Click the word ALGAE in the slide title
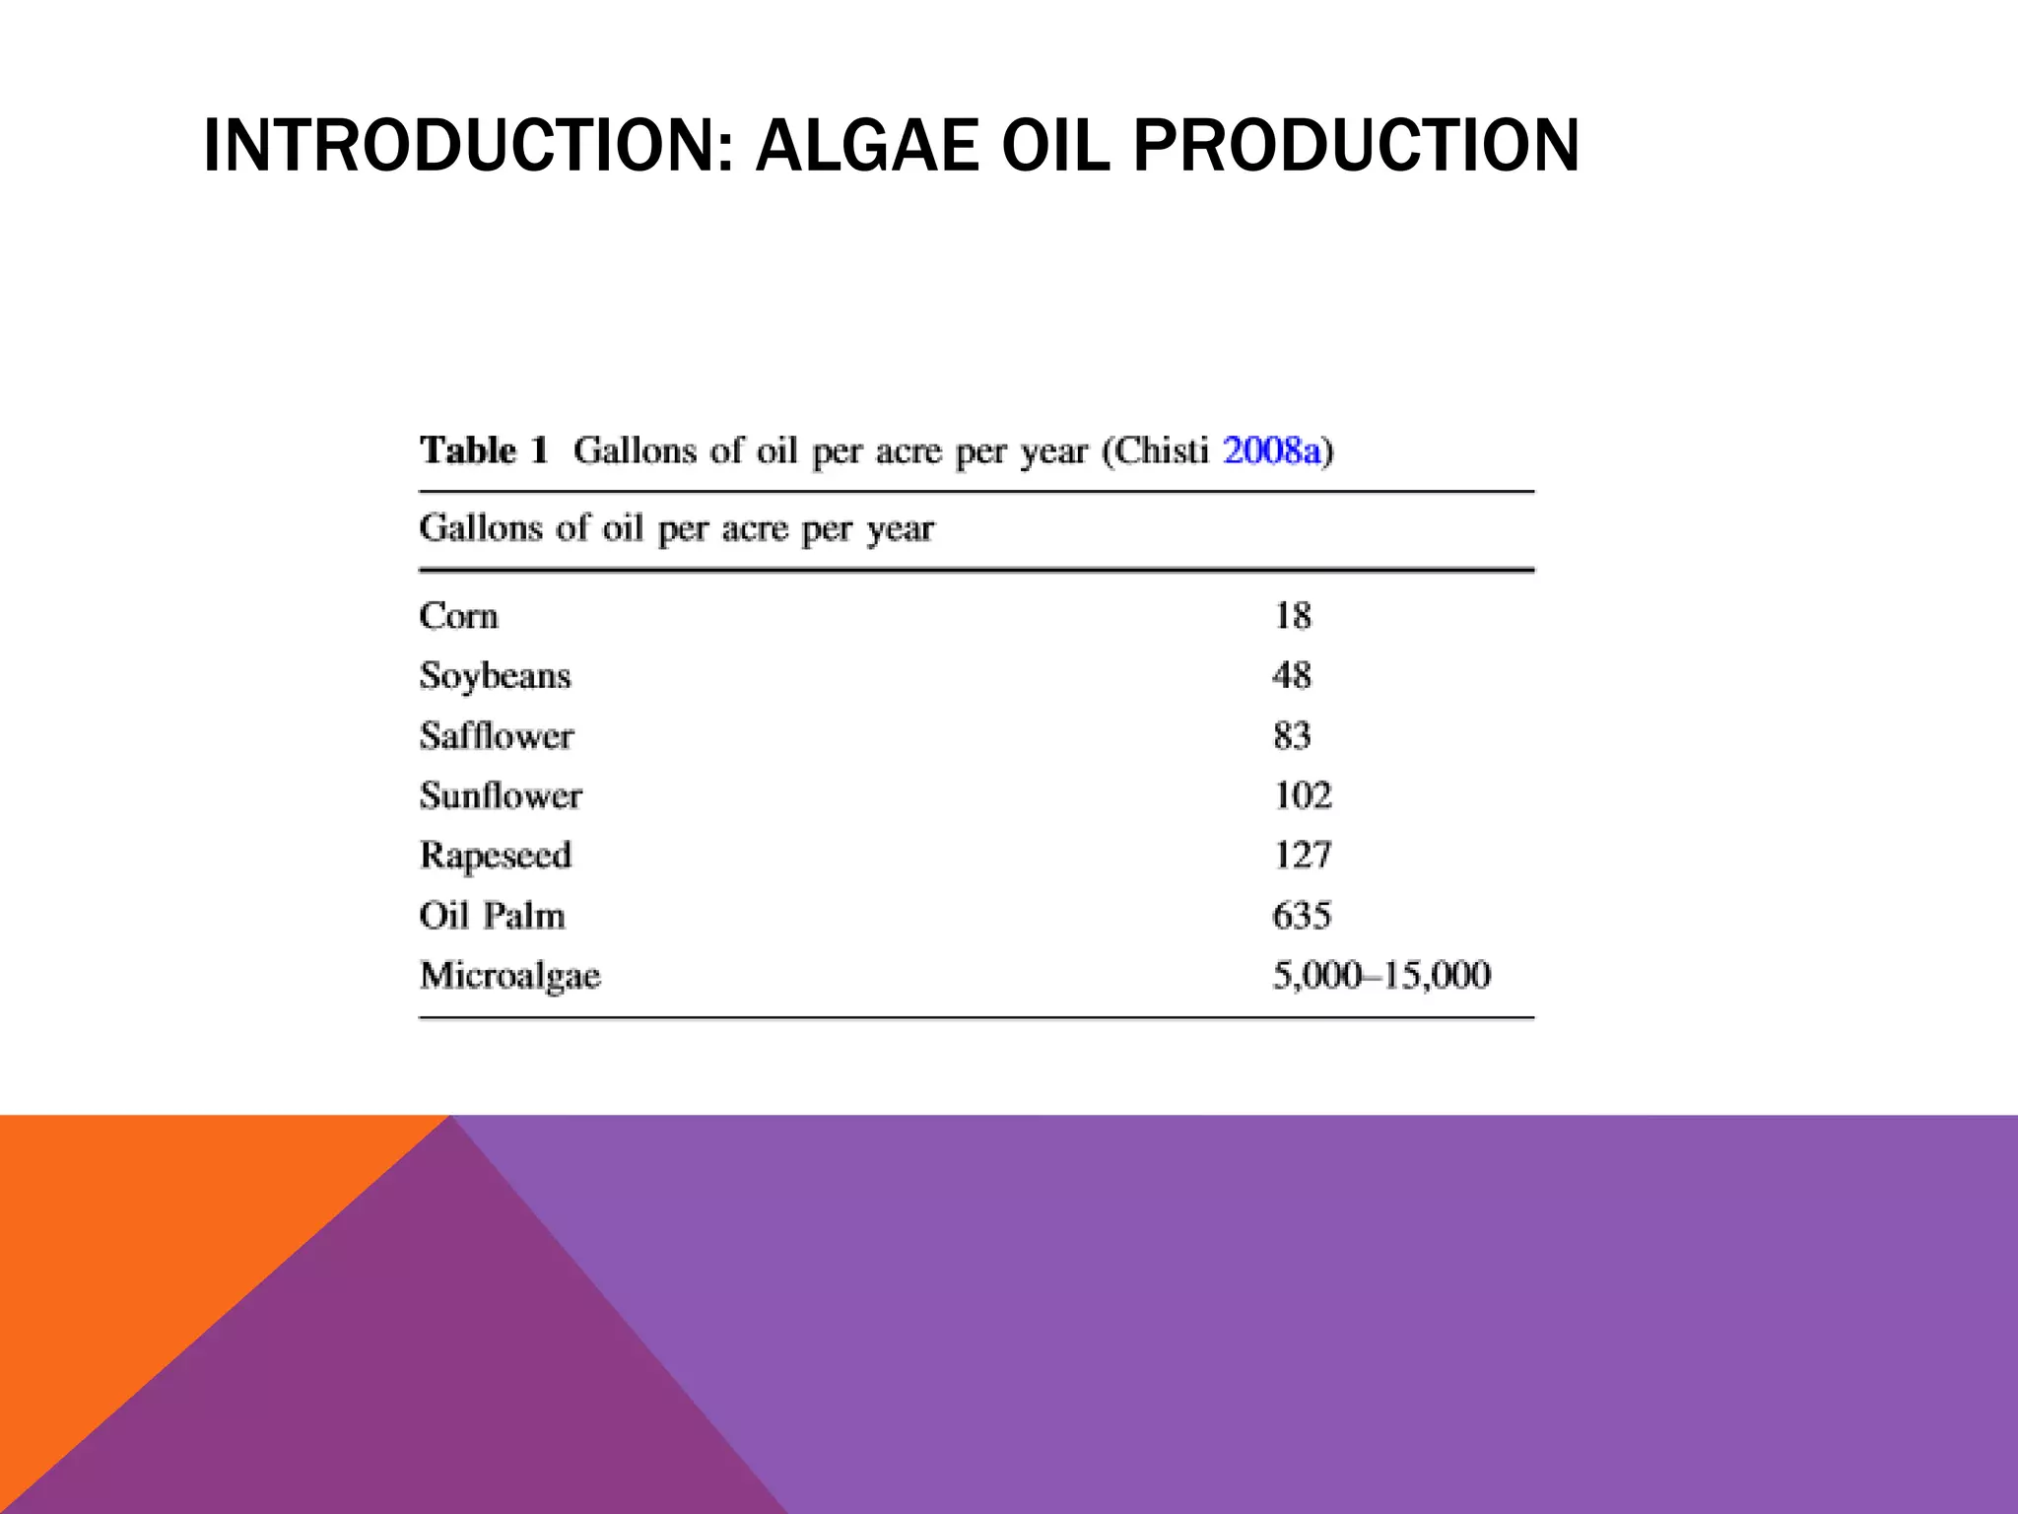coord(867,145)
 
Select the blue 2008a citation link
coord(1271,450)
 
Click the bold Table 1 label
coord(483,450)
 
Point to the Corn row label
coord(458,616)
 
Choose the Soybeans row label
coord(495,676)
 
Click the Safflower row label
coord(497,736)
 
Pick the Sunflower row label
coord(501,795)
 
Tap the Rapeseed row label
coord(495,856)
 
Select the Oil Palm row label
coord(492,916)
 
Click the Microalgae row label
coord(509,976)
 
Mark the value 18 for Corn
coord(1292,616)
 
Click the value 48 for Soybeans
coord(1292,676)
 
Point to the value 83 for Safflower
coord(1292,736)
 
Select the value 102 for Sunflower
coord(1303,795)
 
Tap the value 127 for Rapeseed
coord(1303,856)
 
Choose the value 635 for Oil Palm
coord(1302,916)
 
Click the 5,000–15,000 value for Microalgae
coord(1381,976)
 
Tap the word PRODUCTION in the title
coord(1356,145)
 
